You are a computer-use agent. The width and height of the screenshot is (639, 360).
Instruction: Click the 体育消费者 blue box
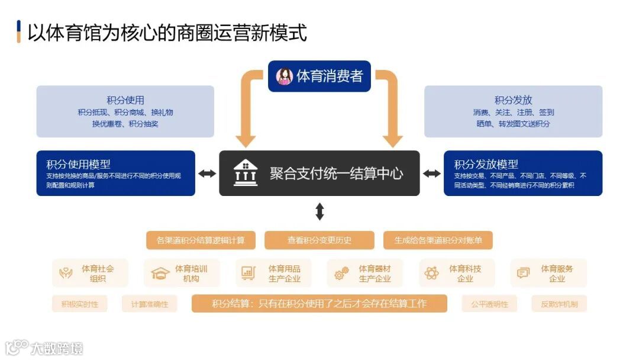pyautogui.click(x=319, y=76)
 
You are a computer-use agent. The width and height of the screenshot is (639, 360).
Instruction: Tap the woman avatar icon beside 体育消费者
pyautogui.click(x=285, y=76)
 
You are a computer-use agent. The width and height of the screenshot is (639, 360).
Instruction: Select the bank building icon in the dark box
pyautogui.click(x=245, y=173)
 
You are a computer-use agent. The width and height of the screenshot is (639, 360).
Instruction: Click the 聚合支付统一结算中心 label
pyautogui.click(x=336, y=173)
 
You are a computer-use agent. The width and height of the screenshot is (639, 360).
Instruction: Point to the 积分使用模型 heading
pyautogui.click(x=78, y=164)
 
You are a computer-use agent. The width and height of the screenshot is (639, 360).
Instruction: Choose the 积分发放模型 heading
pyautogui.click(x=486, y=164)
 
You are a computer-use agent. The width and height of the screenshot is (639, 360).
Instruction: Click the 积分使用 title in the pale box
pyautogui.click(x=125, y=100)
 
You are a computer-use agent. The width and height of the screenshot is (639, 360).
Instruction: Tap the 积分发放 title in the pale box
pyautogui.click(x=513, y=100)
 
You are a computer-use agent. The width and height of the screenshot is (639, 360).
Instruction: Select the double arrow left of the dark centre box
pyautogui.click(x=207, y=173)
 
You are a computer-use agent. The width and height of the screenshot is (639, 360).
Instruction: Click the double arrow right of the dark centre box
pyautogui.click(x=432, y=173)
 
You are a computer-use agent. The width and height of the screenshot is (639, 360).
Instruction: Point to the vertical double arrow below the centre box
pyautogui.click(x=319, y=211)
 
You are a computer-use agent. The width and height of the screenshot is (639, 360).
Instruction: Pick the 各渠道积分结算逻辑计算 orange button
pyautogui.click(x=201, y=240)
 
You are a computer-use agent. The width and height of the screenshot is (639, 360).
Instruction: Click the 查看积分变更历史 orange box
pyautogui.click(x=319, y=240)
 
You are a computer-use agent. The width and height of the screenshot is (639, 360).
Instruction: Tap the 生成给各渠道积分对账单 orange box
pyautogui.click(x=438, y=240)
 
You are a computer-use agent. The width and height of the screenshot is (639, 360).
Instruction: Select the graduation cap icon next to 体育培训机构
pyautogui.click(x=160, y=274)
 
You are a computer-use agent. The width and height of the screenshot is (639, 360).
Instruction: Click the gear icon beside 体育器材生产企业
pyautogui.click(x=341, y=274)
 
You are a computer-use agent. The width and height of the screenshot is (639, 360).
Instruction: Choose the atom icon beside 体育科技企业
pyautogui.click(x=431, y=274)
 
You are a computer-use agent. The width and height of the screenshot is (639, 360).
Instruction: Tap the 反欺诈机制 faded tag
pyautogui.click(x=559, y=304)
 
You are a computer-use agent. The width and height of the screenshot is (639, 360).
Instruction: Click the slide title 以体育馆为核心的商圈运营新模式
pyautogui.click(x=167, y=32)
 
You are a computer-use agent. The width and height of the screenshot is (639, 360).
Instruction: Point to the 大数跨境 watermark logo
pyautogui.click(x=44, y=348)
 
